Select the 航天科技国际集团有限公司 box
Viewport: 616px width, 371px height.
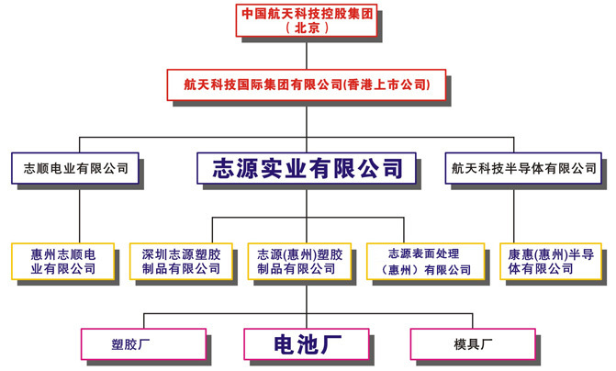308,84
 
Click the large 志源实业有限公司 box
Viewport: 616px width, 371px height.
308,168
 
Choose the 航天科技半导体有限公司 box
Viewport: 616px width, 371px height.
524,168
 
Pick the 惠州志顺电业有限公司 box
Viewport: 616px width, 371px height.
63,261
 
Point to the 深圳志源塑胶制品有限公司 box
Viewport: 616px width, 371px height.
181,261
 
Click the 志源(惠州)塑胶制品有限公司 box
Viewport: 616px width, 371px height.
299,261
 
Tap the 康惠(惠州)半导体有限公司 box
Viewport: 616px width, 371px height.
552,261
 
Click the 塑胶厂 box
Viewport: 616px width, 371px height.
143,344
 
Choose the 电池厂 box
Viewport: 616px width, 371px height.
308,344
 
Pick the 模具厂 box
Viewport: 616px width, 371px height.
471,344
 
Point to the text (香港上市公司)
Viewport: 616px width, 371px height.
386,84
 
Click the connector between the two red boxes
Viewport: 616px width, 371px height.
308,54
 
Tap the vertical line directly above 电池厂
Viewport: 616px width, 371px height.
308,303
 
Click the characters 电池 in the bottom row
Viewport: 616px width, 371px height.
296,344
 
